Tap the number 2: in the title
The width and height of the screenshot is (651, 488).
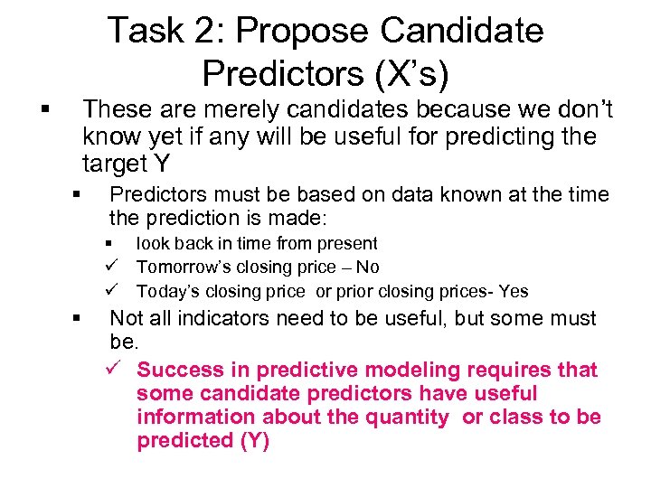click(211, 31)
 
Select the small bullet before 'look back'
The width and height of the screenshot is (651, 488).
click(108, 244)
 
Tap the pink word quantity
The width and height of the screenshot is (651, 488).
click(405, 418)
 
